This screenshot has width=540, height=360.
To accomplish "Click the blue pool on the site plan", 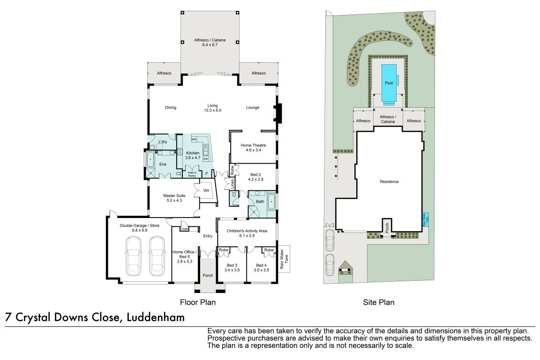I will click(389, 83).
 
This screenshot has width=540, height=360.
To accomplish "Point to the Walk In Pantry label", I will click(192, 174).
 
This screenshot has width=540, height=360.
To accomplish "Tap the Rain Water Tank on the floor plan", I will click(284, 259).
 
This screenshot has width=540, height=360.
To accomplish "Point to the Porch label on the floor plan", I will click(207, 275).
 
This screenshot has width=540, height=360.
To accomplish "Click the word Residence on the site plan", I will click(389, 181).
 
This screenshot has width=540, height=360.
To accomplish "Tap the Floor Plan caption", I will click(198, 302).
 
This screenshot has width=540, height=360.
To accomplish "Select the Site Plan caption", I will click(379, 302).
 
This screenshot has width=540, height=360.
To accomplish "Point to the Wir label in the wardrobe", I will click(206, 190).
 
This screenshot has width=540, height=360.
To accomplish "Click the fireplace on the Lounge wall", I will click(277, 112).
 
